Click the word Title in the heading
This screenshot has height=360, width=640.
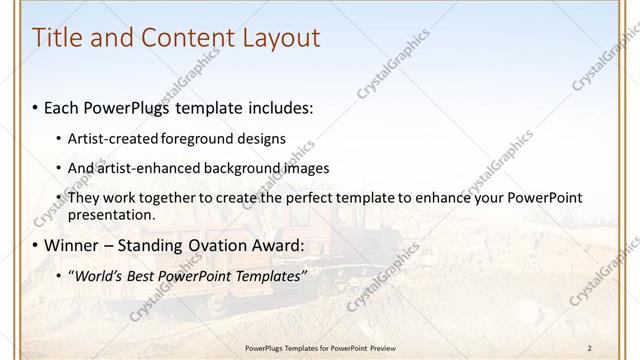click(58, 38)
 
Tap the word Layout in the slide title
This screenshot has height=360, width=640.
click(282, 38)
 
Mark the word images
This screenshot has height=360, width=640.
click(301, 168)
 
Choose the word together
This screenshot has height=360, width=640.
click(171, 198)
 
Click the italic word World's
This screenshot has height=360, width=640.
click(96, 276)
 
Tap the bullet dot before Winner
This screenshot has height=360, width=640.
click(36, 246)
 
